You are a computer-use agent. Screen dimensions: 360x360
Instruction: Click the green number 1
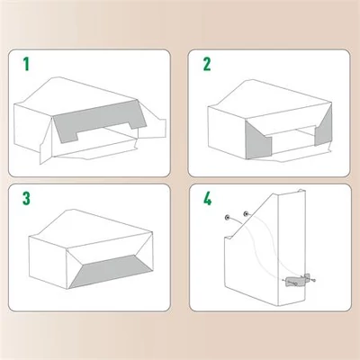[26, 64]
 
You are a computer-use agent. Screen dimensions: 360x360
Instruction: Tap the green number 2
[207, 64]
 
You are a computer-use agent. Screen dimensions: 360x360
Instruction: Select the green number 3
[26, 198]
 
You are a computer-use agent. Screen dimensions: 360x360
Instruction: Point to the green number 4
[207, 198]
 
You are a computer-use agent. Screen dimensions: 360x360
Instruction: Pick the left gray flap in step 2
[256, 139]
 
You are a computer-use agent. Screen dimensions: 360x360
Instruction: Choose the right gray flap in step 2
[323, 128]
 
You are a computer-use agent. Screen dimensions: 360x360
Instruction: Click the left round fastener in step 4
[227, 218]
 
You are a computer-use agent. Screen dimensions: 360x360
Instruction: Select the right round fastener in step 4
[247, 214]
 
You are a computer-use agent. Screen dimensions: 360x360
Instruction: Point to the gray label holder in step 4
[296, 282]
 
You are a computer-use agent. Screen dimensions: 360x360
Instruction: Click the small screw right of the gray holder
[314, 281]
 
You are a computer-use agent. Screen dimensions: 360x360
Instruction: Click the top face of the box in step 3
[91, 227]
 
